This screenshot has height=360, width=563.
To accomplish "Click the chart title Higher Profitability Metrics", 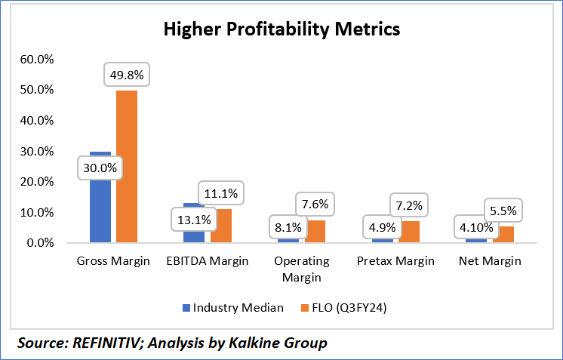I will pyautogui.click(x=281, y=29).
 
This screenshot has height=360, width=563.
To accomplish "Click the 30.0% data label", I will pyautogui.click(x=100, y=168).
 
